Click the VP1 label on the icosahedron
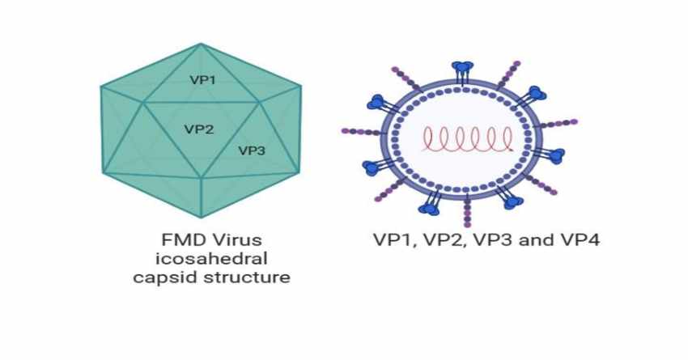[202, 80]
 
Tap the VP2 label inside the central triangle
[199, 129]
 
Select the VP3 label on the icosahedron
[252, 150]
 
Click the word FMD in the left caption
[176, 240]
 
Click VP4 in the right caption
[575, 240]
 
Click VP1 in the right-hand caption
[392, 240]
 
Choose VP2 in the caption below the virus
[437, 240]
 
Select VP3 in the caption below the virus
[484, 240]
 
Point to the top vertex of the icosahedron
[202, 44]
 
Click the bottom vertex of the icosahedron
[202, 217]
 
